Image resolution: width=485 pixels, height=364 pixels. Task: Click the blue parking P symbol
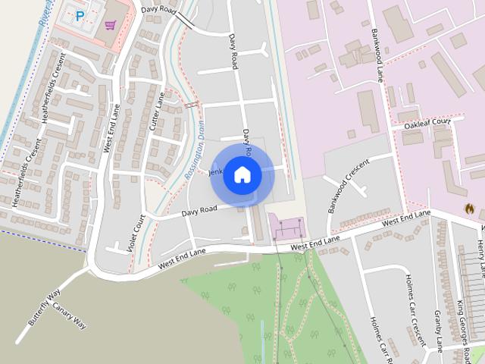point(80,16)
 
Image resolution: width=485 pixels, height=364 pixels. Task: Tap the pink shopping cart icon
point(111,25)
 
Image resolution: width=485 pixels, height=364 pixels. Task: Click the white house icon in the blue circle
point(242,174)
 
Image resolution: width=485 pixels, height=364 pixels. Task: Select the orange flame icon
point(468,207)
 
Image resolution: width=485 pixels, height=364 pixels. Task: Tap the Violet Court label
point(137,234)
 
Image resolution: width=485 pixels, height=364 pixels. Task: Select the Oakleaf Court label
point(427,123)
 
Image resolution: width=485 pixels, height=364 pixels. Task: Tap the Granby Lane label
point(438,331)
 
